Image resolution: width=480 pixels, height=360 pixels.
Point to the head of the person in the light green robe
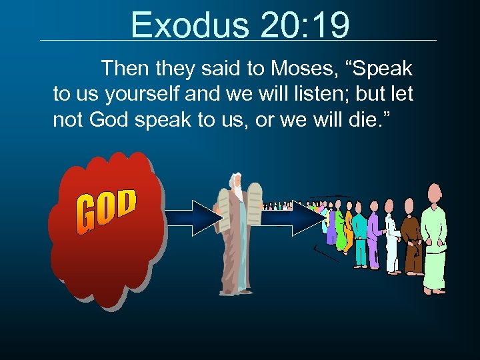tap(434, 194)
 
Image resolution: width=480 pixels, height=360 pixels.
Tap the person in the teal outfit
tap(359, 237)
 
